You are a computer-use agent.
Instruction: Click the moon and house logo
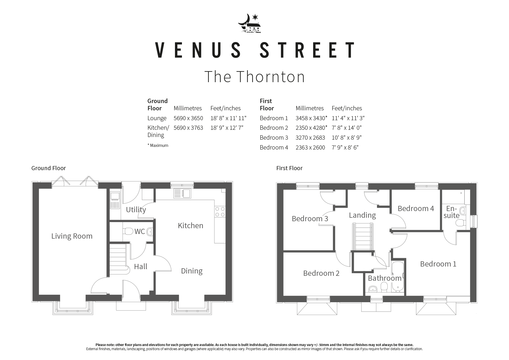(250, 24)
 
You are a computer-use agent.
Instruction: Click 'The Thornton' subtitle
(255, 77)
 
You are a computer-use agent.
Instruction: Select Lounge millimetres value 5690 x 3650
(188, 118)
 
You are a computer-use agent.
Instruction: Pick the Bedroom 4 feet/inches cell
(345, 147)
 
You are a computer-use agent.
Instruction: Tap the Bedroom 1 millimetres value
(311, 118)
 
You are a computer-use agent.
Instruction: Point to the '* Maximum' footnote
(158, 145)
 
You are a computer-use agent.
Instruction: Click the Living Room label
(72, 236)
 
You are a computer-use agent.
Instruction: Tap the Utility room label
(136, 210)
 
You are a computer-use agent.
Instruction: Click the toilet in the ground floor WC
(128, 231)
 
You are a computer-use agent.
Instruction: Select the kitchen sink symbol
(182, 194)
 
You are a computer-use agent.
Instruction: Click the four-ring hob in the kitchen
(220, 212)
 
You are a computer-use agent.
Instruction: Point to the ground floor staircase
(118, 259)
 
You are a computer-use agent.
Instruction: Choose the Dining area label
(192, 271)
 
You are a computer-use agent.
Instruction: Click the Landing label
(362, 215)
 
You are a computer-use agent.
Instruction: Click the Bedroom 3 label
(310, 219)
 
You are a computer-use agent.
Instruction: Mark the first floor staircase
(362, 236)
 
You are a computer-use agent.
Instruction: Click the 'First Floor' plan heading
(289, 168)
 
